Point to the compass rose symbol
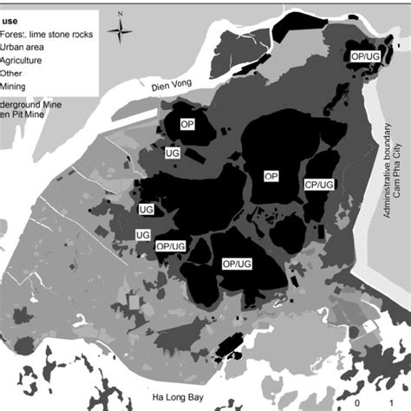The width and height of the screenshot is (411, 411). coord(121,29)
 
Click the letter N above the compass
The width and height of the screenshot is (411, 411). coord(121,12)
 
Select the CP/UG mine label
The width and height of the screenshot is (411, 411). coord(319,185)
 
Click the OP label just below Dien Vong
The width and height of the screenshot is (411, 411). coord(186,125)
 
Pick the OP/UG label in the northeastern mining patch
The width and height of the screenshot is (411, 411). coord(364,55)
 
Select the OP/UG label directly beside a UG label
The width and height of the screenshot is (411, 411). coord(170,246)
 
